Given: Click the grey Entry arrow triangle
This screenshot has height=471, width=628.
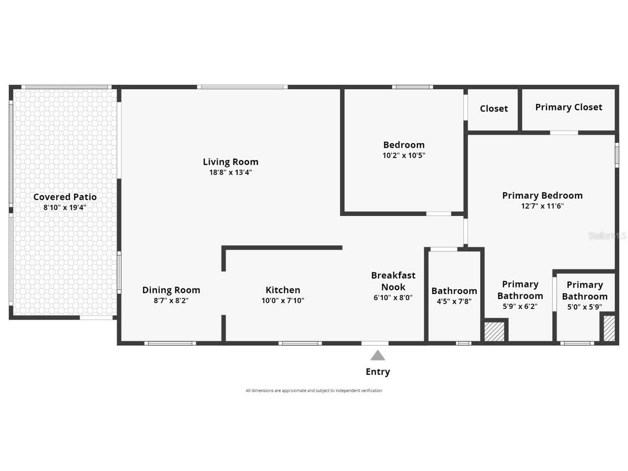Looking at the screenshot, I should [378, 356].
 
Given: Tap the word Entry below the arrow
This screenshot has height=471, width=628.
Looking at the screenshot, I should [378, 372].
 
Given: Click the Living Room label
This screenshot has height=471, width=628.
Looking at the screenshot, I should [231, 162].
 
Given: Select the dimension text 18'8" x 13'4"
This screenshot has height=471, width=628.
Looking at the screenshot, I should [231, 172].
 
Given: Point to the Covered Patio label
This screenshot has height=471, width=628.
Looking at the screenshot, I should [65, 197].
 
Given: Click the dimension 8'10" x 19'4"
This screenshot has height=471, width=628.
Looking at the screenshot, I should [65, 207].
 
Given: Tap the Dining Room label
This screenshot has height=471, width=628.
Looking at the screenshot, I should [171, 290].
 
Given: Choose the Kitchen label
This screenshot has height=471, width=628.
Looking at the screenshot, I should [283, 290].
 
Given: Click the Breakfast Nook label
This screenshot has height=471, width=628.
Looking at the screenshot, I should [393, 281].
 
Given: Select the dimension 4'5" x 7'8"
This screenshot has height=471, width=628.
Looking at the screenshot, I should [454, 301].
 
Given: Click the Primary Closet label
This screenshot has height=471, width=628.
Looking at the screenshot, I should [569, 107].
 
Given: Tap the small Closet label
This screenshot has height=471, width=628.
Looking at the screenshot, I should [494, 108].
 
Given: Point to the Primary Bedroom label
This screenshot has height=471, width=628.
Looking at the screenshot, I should [542, 196].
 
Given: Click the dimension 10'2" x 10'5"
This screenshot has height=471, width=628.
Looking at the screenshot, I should [404, 155].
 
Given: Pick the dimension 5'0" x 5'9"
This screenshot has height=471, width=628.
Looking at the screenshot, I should [584, 307].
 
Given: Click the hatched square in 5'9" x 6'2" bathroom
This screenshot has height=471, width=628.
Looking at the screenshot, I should [494, 331].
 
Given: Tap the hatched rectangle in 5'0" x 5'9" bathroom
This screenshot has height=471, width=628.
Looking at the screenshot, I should [609, 329].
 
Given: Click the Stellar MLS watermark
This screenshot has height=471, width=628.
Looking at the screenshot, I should [607, 236].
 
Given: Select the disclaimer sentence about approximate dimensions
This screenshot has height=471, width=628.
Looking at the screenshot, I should [314, 390].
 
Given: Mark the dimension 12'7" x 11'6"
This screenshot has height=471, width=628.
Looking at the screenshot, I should [542, 206].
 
